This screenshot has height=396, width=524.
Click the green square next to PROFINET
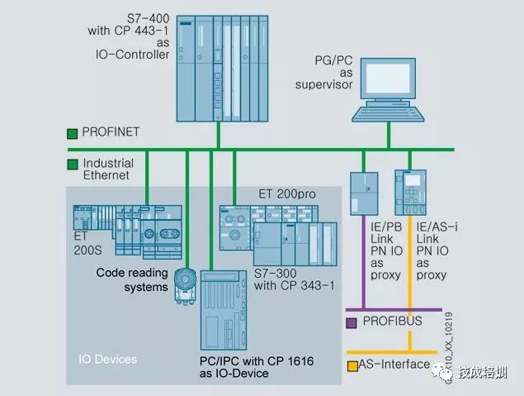point(72,131)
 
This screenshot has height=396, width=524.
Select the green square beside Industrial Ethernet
point(72,164)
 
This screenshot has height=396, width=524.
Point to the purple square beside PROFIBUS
point(352,321)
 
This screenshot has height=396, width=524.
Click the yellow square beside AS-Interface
point(352,365)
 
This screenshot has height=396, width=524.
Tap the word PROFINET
point(111,131)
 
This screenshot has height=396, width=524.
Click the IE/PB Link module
point(362,193)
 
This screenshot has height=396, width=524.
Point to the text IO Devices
point(107,360)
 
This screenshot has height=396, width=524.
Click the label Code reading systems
point(132,279)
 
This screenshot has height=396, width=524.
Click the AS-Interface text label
point(394,365)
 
